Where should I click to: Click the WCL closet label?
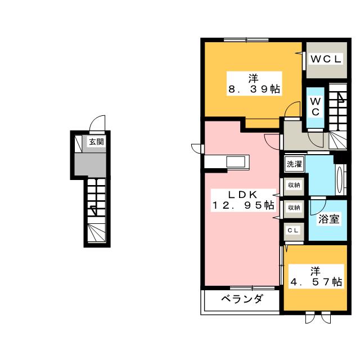click(326, 58)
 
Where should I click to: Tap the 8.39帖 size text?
click(254, 89)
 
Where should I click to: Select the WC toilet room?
click(316, 106)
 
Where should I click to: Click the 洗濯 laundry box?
click(294, 164)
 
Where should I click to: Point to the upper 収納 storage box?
click(294, 184)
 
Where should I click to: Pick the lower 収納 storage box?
click(294, 208)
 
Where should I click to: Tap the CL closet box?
click(293, 230)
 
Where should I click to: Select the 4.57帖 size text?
click(315, 282)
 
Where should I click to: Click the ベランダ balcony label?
click(241, 299)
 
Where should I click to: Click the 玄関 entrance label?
click(96, 142)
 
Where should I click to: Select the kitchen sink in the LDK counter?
click(235, 162)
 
